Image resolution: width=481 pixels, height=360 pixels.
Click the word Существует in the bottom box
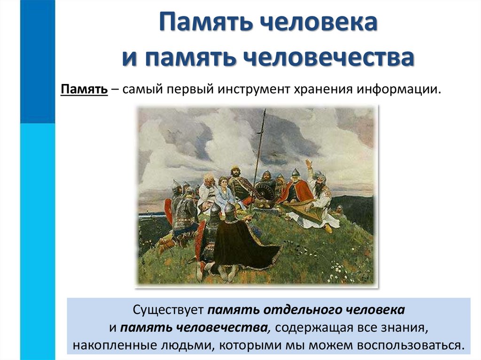[168, 310]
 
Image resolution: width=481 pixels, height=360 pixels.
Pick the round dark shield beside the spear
[266, 192]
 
